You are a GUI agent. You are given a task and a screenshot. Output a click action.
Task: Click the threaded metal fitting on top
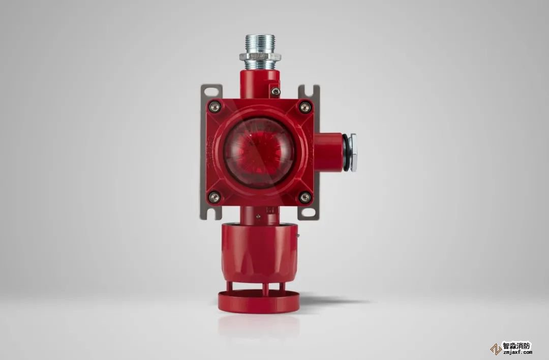tap(260, 52)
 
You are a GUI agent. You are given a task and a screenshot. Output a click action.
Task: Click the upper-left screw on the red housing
tap(215, 106)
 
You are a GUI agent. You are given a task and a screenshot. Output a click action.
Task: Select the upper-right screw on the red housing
tap(305, 107)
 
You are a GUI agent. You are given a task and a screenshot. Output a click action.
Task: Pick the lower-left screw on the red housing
tap(215, 197)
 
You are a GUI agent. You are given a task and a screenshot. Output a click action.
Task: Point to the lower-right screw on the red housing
tap(305, 197)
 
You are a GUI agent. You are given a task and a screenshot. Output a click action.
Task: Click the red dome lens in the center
tap(259, 153)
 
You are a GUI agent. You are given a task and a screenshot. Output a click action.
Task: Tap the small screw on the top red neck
tap(276, 92)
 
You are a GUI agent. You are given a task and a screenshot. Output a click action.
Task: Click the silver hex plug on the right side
tap(353, 153)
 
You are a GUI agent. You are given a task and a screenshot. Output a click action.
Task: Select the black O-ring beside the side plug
tap(346, 153)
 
